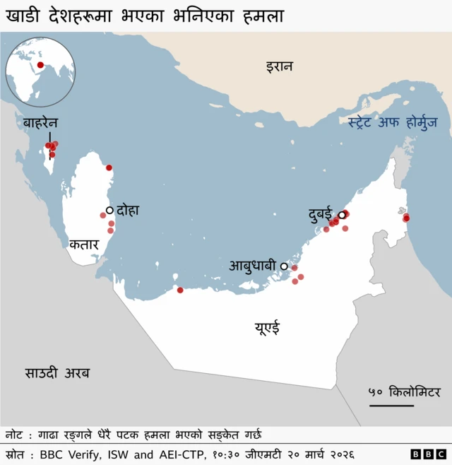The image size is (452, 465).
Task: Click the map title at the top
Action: (x=145, y=16)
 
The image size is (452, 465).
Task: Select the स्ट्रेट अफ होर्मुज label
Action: (x=392, y=122)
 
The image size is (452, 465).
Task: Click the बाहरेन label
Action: (x=40, y=123)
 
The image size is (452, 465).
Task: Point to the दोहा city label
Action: (x=129, y=210)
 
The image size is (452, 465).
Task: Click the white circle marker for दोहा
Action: (x=109, y=210)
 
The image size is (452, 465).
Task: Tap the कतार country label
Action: (x=83, y=245)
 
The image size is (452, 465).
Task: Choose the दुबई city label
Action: (x=321, y=213)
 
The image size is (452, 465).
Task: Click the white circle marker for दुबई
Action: (x=341, y=215)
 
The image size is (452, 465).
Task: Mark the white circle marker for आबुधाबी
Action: (x=284, y=266)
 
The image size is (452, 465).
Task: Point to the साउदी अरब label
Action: (x=58, y=373)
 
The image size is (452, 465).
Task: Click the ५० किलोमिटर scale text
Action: (x=404, y=392)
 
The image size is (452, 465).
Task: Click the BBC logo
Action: (x=428, y=454)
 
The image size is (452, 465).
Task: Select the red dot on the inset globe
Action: (x=40, y=66)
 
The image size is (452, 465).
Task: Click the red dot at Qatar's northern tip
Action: (x=109, y=167)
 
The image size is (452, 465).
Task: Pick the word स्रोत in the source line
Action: (x=16, y=454)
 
